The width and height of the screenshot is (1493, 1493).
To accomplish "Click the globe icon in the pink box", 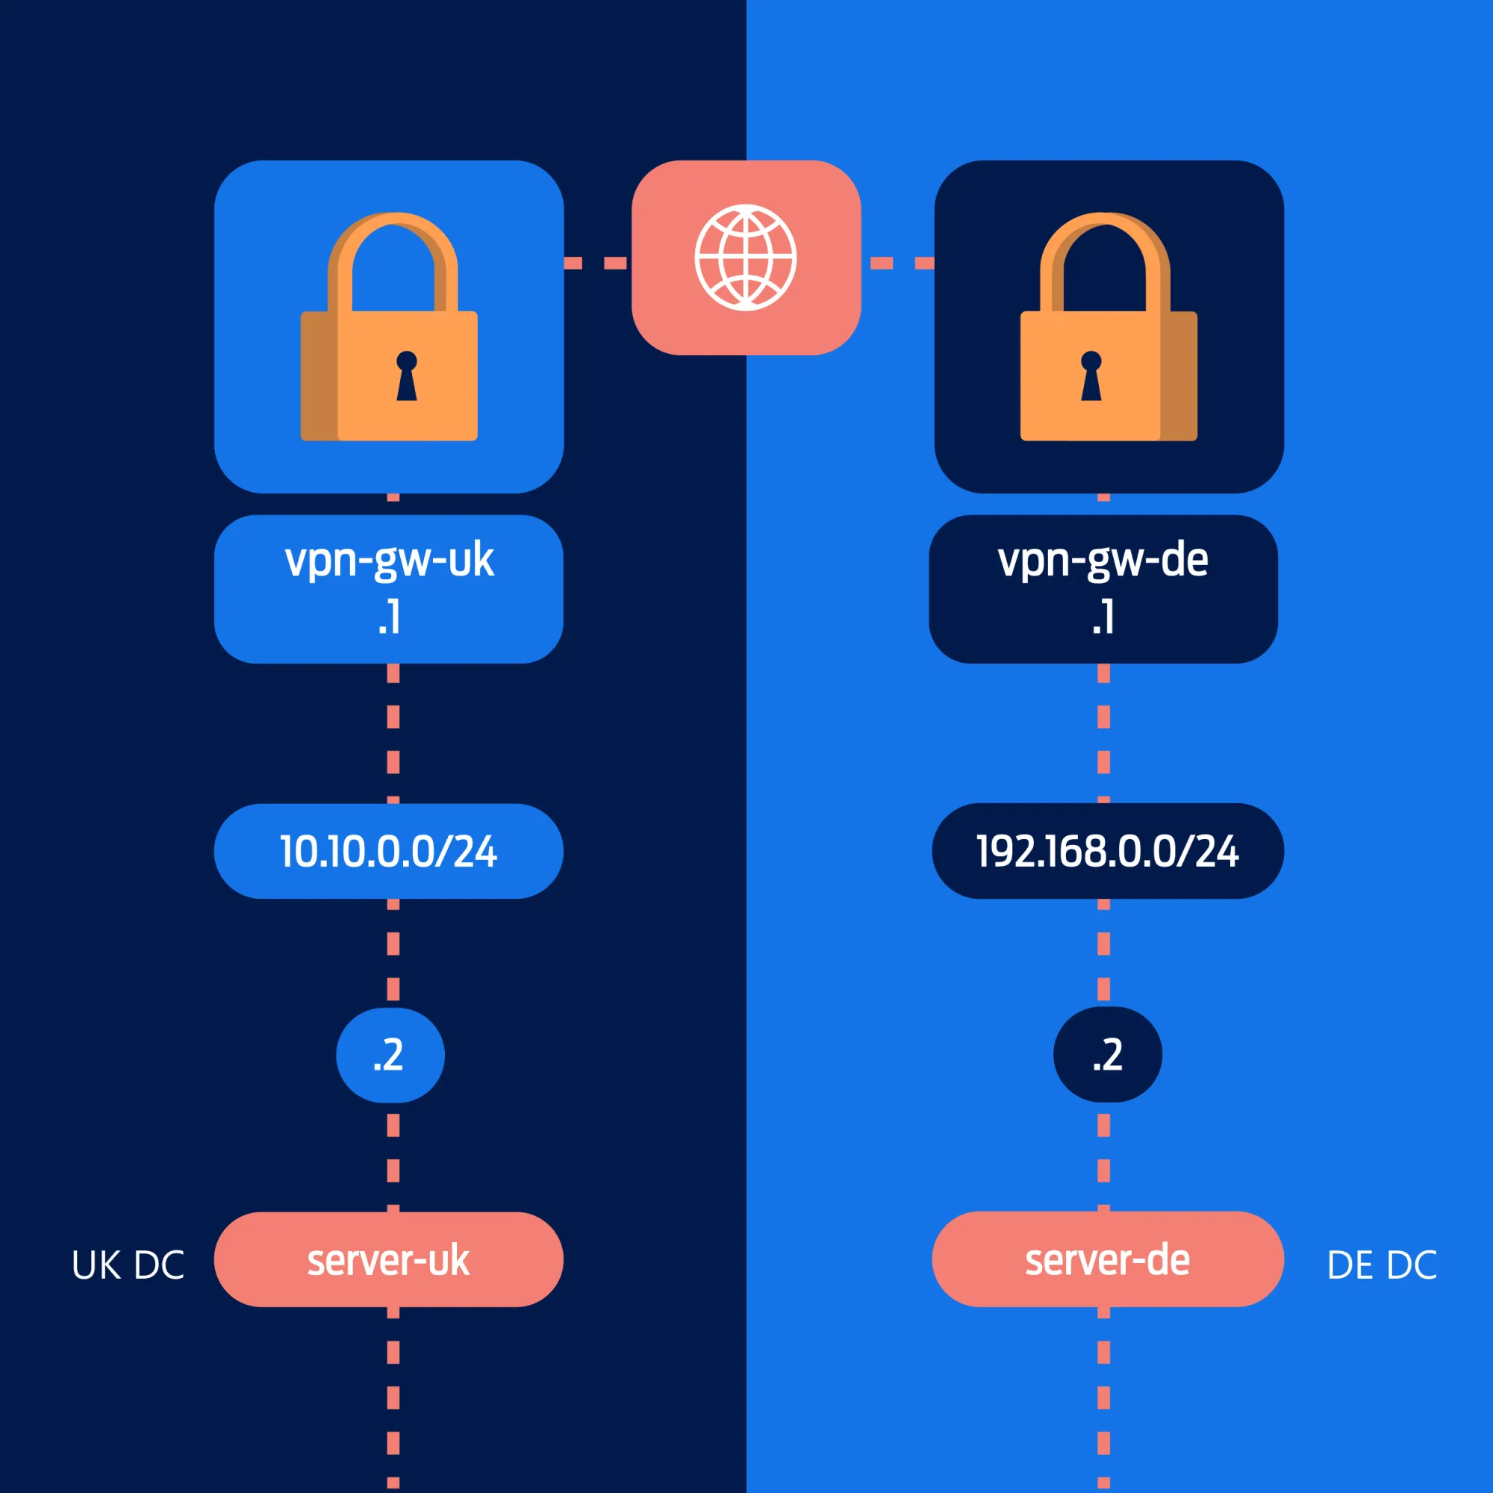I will pos(745,258).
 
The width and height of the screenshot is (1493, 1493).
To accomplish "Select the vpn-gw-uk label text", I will pos(389,561).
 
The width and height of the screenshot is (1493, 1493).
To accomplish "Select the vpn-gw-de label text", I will pos(1103,561).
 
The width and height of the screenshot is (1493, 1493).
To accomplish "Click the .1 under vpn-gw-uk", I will pos(390,617).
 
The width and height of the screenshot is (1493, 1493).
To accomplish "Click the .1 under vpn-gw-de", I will pos(1103,617).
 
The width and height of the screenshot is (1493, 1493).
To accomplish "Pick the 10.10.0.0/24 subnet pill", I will pos(389,851).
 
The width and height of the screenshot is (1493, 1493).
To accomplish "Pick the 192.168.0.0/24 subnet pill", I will pos(1107,851).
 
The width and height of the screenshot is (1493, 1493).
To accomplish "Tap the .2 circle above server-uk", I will pos(390,1055).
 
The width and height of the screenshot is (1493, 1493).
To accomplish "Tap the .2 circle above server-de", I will pos(1107,1055).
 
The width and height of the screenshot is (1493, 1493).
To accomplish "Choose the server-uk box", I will pos(389,1260).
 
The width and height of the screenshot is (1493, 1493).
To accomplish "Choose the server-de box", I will pos(1107,1260).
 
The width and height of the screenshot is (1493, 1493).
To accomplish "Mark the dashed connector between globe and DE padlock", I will pos(901,263).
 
